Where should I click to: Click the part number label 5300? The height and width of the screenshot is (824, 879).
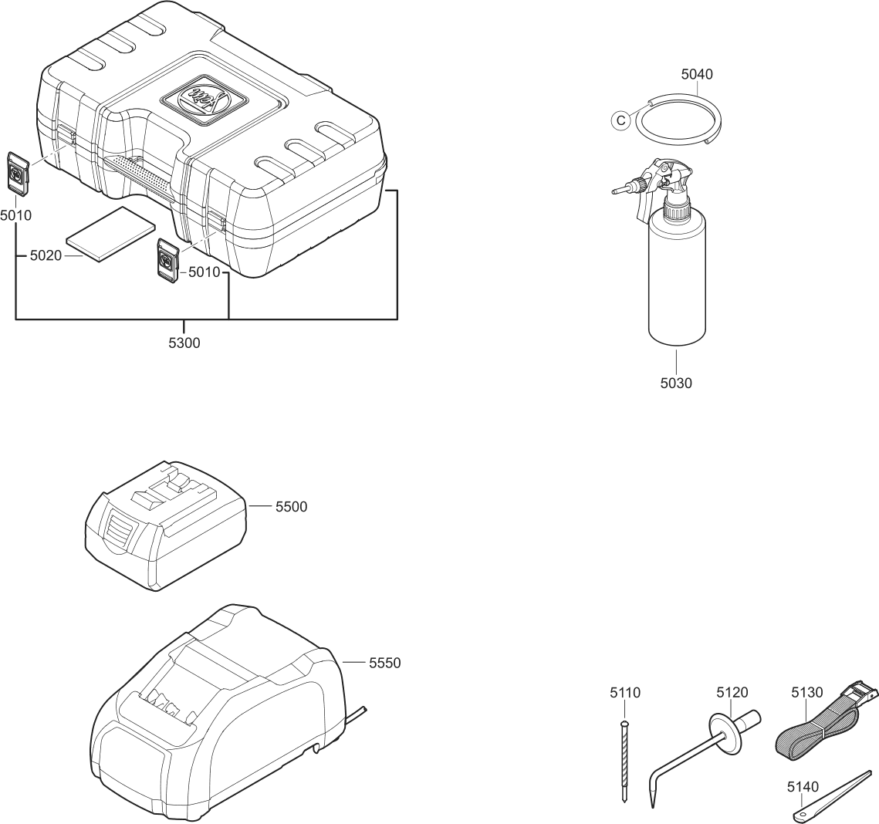tap(184, 343)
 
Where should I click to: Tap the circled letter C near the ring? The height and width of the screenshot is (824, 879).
tap(620, 121)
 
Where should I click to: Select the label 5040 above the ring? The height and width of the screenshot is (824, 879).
tap(696, 75)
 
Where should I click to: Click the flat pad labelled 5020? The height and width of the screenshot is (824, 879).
tap(110, 235)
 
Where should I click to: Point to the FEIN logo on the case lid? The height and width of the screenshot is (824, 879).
tap(203, 97)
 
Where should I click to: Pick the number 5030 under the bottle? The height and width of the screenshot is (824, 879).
tap(676, 383)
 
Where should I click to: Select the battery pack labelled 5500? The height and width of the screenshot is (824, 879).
tap(166, 526)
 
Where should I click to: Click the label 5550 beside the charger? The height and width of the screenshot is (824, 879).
tap(385, 663)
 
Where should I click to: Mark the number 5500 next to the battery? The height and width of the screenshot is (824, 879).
tap(291, 507)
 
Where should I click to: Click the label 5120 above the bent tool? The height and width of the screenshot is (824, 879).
tap(732, 693)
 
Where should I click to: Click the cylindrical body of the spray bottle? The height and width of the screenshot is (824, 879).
tap(676, 278)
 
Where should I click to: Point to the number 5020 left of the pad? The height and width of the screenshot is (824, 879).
tap(46, 255)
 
